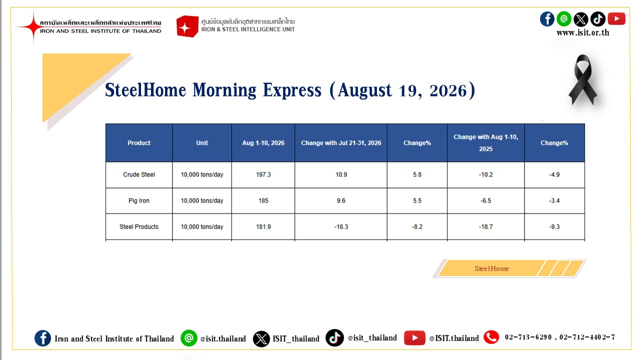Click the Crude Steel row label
click(139, 174)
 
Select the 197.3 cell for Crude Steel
click(263, 174)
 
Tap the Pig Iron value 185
click(263, 200)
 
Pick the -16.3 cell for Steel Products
click(341, 226)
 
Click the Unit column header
click(201, 143)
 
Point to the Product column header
click(139, 143)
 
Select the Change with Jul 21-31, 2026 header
click(341, 143)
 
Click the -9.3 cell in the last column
click(554, 226)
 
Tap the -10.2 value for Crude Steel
click(485, 174)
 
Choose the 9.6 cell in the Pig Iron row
click(341, 200)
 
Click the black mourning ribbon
click(583, 79)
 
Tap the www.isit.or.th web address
click(583, 32)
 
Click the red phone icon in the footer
click(491, 337)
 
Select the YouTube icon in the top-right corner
click(616, 19)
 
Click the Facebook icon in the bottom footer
click(42, 338)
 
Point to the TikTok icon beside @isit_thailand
click(334, 337)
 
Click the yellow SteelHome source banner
click(509, 268)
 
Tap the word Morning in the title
click(224, 90)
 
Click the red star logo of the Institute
click(33, 26)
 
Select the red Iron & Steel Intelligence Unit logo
click(187, 26)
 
